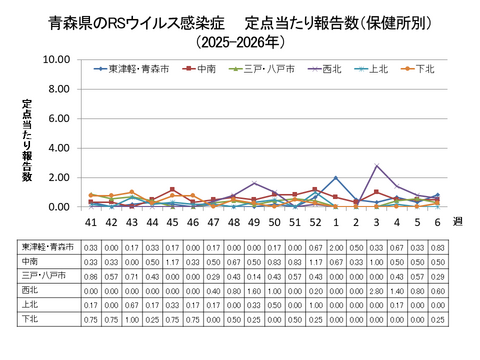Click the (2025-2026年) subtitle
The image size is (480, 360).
[x=239, y=42]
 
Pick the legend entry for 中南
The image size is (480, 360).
[x=205, y=69]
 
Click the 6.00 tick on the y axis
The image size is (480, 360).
[x=57, y=119]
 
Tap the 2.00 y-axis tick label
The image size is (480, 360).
[x=57, y=178]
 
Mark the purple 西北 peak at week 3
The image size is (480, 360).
[x=376, y=166]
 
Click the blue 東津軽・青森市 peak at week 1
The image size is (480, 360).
[x=335, y=178]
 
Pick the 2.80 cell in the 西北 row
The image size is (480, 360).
[x=376, y=289]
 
